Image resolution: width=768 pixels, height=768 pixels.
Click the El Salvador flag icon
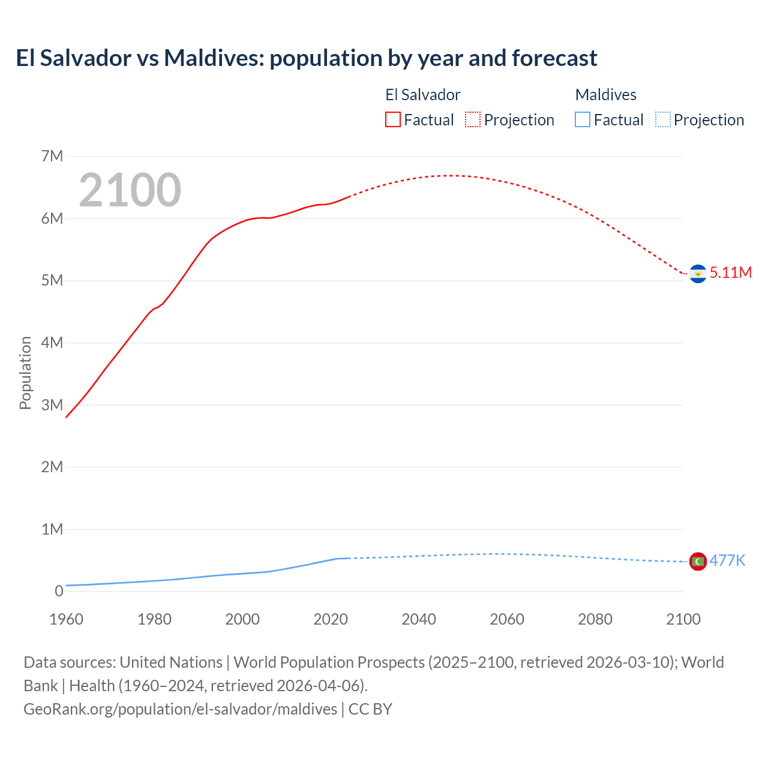coord(698,274)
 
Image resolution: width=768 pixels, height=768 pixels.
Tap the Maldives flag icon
coord(698,562)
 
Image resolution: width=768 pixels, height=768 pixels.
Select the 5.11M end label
coord(731,272)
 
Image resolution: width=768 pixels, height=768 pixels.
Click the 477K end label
coord(727,560)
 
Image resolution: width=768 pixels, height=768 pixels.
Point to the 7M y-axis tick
coord(52,157)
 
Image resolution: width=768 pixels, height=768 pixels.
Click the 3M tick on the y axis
coord(52,405)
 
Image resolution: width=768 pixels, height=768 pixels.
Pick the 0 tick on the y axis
coord(59,592)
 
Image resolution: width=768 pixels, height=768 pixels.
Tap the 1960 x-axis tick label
coord(66,619)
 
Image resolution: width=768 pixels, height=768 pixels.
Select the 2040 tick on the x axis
coord(419,619)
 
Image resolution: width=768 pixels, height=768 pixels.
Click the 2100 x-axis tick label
coord(683,619)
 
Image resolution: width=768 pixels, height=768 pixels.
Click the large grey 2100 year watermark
coord(130,190)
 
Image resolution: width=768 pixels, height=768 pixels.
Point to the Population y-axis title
coord(25,373)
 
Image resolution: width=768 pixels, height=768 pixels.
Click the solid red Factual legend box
coord(393,120)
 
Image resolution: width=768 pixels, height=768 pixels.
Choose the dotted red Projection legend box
coord(473,120)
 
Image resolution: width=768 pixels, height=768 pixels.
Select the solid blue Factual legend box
coord(583,120)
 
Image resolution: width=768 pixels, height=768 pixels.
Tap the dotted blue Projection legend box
coord(663,120)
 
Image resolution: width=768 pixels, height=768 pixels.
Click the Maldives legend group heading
coord(605,95)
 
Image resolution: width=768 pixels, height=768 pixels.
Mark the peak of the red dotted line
coord(447,175)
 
